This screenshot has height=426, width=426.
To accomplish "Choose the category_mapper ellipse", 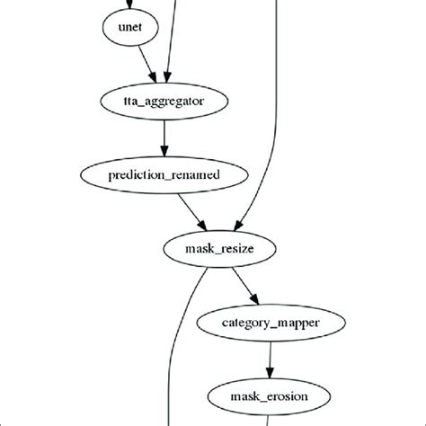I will tap(270, 320).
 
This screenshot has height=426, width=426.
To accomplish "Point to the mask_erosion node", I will tap(270, 394).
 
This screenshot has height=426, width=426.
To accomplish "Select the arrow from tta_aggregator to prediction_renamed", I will tap(164, 138).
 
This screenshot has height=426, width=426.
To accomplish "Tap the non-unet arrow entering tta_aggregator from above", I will tap(166, 45).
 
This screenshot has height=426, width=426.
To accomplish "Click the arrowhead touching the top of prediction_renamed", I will tap(164, 152).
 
